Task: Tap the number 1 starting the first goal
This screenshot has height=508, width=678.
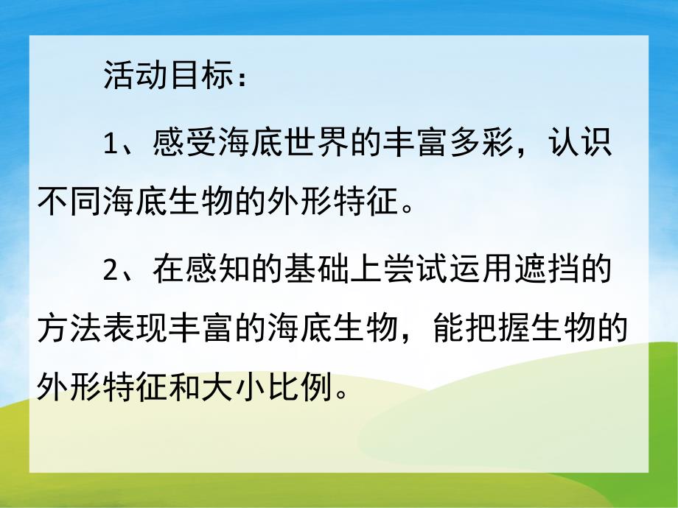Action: (x=111, y=143)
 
